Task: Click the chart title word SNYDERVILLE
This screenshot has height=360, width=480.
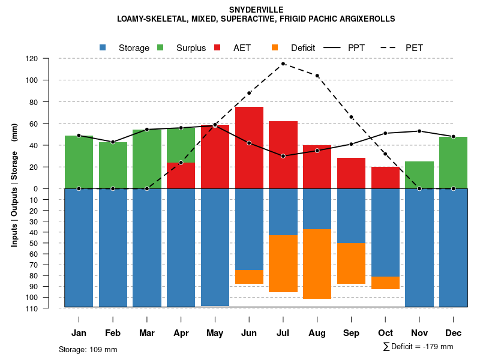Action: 256,10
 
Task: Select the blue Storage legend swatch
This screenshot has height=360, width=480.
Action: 103,47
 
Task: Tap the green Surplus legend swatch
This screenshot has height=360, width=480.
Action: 160,47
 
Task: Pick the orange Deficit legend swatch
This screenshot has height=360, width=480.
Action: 275,47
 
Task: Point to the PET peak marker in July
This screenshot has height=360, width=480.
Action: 283,64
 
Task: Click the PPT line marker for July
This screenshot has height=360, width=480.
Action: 283,156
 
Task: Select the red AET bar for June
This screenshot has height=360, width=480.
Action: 249,147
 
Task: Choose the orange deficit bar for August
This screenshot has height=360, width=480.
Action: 317,264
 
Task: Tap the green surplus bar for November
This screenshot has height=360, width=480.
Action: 419,175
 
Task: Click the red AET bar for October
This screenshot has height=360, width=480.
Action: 385,178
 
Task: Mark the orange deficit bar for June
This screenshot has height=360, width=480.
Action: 249,277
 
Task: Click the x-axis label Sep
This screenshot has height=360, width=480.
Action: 351,333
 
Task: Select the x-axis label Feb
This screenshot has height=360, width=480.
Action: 113,333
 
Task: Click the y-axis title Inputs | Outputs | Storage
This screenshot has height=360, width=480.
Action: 14,185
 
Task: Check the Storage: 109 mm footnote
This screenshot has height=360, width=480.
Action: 88,349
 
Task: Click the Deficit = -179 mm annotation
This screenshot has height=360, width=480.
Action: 418,347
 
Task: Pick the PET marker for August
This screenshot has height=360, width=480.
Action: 317,76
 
